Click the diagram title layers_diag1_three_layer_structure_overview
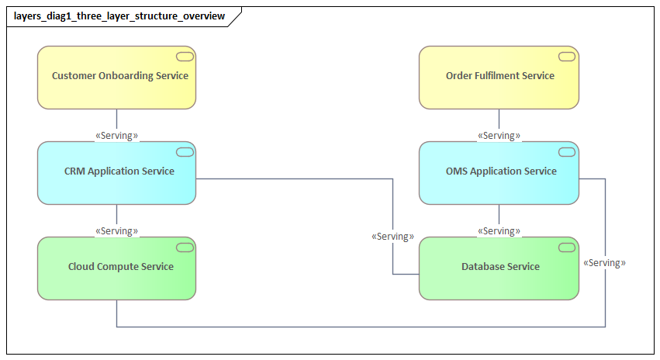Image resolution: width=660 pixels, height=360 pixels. coord(119,16)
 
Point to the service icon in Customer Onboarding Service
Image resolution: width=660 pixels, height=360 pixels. coord(185,56)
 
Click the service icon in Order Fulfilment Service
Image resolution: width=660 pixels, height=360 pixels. coord(567,56)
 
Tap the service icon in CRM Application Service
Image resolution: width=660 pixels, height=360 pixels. coord(185,151)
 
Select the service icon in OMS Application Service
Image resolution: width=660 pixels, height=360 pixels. coord(567,151)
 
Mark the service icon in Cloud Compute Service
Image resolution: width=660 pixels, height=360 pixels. coord(185,247)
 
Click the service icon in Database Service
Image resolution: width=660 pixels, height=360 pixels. coord(567,247)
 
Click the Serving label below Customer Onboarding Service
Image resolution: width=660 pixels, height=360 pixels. coord(116,136)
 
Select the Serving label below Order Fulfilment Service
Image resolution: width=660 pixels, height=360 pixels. coord(499,136)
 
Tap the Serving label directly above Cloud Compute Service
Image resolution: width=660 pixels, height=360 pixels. coord(116,231)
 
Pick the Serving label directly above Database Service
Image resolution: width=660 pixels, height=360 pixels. coord(499,231)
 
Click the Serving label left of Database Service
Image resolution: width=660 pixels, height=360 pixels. coord(392,236)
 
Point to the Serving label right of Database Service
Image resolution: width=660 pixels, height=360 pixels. coord(604,263)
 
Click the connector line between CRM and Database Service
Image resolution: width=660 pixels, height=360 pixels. coord(295,179)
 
